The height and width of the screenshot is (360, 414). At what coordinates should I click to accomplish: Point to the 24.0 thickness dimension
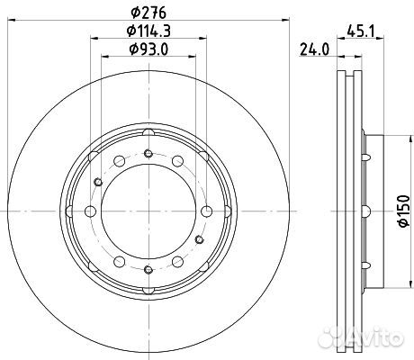(x=312, y=51)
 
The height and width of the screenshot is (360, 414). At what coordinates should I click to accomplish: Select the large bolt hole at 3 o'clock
(x=205, y=211)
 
